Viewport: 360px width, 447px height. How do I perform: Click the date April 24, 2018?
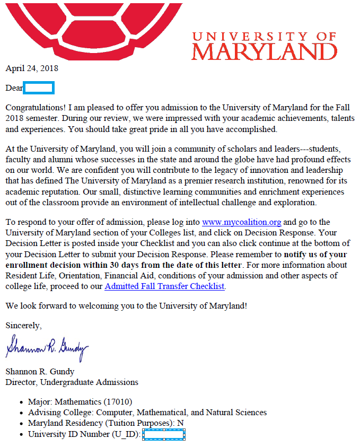tap(32, 68)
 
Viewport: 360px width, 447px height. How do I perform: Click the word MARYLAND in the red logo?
tap(264, 52)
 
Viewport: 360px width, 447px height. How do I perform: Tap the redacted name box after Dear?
tap(39, 88)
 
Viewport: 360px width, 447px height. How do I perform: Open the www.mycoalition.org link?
tap(241, 222)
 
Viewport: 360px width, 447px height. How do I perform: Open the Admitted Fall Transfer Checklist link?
tap(165, 286)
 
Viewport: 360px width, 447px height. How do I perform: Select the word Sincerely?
tap(23, 325)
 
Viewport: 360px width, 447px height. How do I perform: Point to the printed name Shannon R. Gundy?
tap(40, 371)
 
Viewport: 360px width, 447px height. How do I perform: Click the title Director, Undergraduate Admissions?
tap(72, 382)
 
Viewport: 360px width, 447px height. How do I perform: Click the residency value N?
tap(180, 423)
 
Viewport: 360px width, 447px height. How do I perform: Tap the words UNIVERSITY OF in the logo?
tap(264, 36)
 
